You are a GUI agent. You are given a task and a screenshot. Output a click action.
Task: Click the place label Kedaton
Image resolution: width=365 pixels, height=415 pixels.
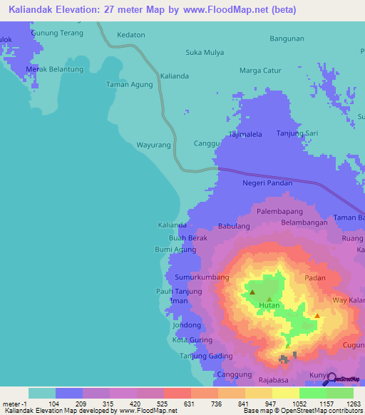point(131,34)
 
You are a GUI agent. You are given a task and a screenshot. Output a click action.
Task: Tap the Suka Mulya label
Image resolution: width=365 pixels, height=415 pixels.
point(205,52)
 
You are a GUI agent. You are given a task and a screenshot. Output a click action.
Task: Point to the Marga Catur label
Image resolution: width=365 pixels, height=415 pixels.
point(260,71)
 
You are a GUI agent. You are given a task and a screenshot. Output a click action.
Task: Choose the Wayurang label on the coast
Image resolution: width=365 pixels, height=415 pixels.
point(153,145)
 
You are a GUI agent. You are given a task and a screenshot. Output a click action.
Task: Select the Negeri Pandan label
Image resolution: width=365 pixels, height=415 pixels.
point(268,183)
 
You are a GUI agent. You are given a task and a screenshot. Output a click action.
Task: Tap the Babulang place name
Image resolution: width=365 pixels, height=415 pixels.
point(234,226)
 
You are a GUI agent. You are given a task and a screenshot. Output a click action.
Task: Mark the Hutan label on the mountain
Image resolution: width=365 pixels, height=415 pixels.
point(269,306)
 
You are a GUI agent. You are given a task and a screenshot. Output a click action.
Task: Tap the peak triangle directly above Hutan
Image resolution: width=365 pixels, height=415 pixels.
point(269,299)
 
